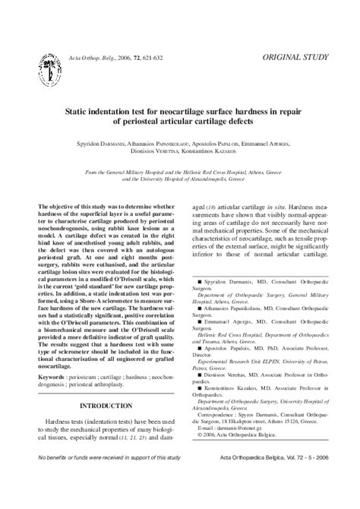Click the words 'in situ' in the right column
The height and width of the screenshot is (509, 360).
click(280, 207)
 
